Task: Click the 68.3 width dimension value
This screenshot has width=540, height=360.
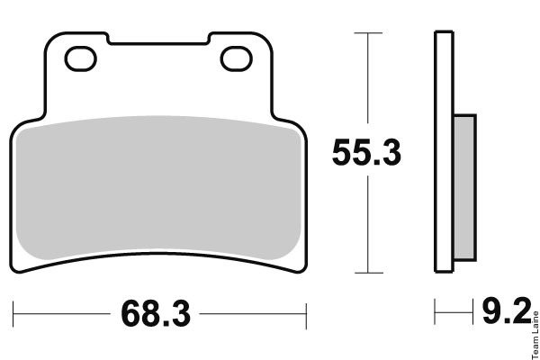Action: tap(156, 313)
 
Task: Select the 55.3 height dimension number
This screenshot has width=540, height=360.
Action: tap(367, 153)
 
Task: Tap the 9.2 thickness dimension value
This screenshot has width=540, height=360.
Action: tap(507, 311)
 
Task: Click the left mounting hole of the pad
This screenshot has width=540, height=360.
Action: tap(81, 58)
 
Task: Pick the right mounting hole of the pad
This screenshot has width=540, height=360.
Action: tap(236, 58)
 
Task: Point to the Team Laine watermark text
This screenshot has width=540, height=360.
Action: tap(535, 335)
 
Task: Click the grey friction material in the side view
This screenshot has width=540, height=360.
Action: tap(464, 188)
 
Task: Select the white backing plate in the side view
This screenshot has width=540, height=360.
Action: tap(445, 152)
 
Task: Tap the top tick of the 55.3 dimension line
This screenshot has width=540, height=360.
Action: tap(368, 33)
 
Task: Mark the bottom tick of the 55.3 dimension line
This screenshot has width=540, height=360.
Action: tap(369, 273)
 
